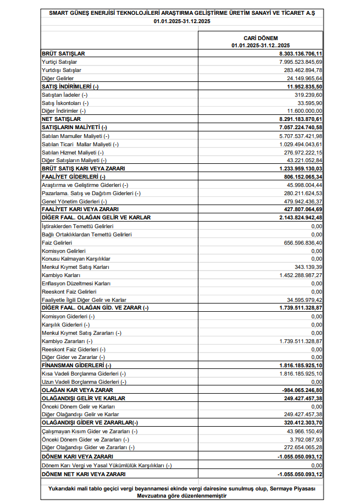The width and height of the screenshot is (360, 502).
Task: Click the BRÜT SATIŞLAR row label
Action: [x=64, y=54]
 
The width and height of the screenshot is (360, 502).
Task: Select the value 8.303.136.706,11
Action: [x=300, y=54]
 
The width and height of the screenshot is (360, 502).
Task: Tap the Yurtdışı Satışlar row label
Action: [x=62, y=70]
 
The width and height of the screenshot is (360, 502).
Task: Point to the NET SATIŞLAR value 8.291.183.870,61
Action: [x=300, y=119]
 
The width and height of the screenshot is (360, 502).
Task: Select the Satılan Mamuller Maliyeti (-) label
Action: [x=76, y=136]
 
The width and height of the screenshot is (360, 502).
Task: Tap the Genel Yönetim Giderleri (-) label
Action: [x=74, y=201]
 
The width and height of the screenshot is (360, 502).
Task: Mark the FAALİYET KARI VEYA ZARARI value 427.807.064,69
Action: [x=302, y=209]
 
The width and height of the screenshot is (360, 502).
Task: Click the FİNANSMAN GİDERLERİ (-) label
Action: [x=76, y=365]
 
